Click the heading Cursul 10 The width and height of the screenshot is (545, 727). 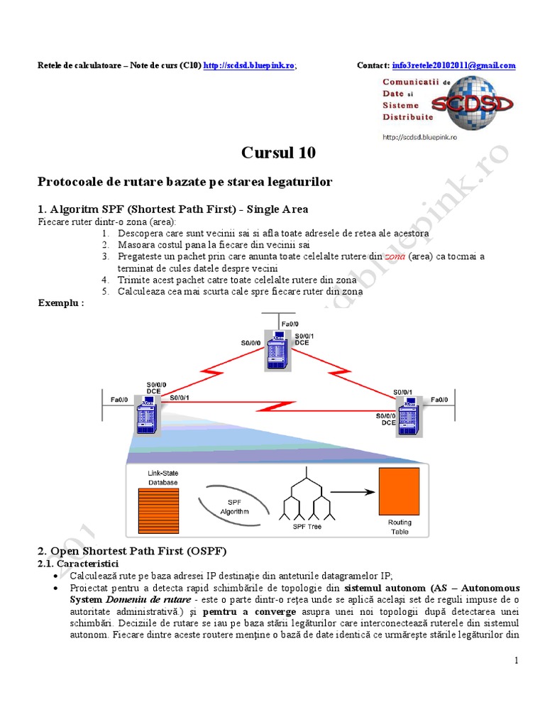[279, 153]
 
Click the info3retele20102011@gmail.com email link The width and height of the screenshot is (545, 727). [453, 66]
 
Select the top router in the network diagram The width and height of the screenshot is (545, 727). [277, 349]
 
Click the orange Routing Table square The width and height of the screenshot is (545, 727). [400, 492]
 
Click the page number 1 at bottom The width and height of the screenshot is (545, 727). [517, 662]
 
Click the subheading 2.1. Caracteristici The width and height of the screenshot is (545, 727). [70, 564]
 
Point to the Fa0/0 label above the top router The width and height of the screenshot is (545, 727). [290, 324]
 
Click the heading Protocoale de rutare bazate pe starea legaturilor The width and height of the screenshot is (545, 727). [185, 182]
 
